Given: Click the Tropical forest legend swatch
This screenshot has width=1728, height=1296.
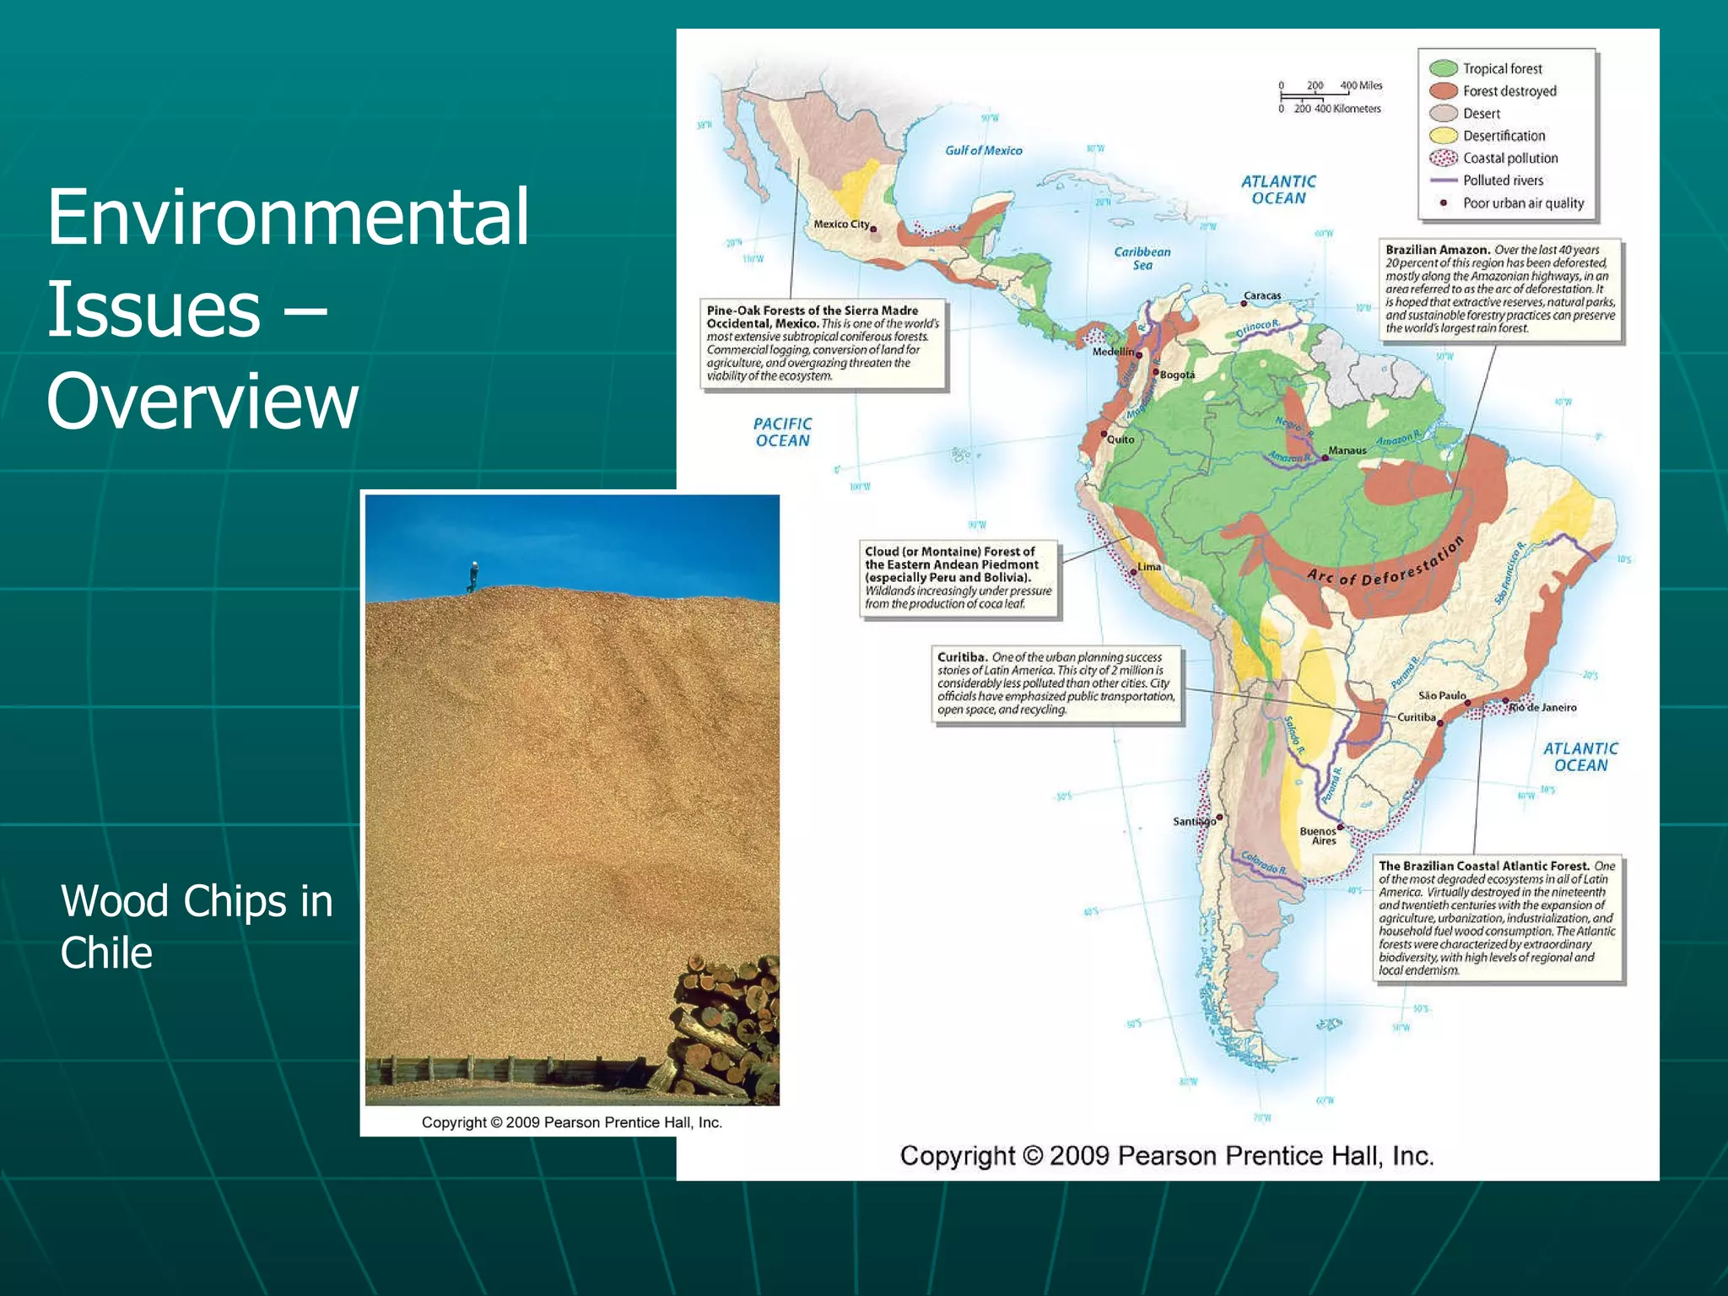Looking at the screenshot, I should [x=1444, y=68].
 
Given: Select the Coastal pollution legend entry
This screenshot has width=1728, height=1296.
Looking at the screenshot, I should [x=1509, y=158].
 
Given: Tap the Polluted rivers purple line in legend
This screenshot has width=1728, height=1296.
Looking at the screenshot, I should [x=1444, y=181].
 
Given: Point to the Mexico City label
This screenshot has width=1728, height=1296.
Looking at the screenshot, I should [x=840, y=224].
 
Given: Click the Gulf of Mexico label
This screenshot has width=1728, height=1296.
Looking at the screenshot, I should [x=983, y=150].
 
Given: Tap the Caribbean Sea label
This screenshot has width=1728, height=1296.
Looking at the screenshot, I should [x=1142, y=258].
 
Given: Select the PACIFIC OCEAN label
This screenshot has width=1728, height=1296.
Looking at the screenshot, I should [x=782, y=432].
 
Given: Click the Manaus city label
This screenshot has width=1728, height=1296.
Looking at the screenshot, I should [x=1347, y=451].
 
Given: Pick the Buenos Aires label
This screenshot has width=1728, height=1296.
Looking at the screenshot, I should [x=1318, y=835].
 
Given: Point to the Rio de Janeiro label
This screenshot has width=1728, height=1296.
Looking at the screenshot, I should [x=1543, y=708].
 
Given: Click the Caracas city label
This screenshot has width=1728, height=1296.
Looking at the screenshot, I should [x=1262, y=296].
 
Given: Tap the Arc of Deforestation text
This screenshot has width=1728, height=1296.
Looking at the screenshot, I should [x=1385, y=564].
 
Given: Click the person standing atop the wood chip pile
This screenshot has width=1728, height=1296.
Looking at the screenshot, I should [x=473, y=576].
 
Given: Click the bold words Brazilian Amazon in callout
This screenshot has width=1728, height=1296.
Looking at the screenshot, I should [x=1437, y=250].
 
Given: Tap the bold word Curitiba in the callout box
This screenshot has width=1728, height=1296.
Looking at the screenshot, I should [x=961, y=656].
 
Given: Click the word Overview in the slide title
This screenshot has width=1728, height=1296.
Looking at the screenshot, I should [x=202, y=402].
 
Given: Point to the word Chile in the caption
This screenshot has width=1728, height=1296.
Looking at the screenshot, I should [x=106, y=953].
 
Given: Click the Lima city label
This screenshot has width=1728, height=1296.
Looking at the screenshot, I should [x=1149, y=567].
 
